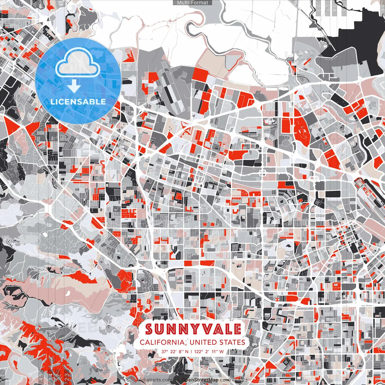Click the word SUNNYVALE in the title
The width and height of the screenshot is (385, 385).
click(x=193, y=329)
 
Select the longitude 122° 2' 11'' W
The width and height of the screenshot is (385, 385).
click(x=211, y=351)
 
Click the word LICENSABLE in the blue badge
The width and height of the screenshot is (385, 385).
click(x=78, y=102)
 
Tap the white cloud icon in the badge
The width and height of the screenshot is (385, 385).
click(x=78, y=63)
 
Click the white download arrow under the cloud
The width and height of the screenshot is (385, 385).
click(x=74, y=87)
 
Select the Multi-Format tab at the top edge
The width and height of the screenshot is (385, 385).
click(x=192, y=3)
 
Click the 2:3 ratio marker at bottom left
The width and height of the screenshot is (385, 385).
click(x=67, y=377)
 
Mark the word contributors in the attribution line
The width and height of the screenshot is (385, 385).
click(x=233, y=380)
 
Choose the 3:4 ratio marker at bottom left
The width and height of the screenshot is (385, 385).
click(x=50, y=377)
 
